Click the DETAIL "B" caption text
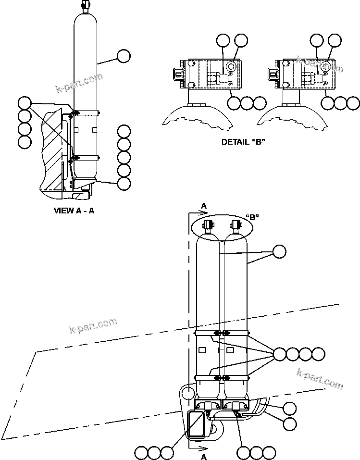coord(243,142)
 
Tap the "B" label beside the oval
coord(253,217)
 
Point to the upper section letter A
coord(204,206)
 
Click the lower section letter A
coord(204,457)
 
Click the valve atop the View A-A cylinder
coord(86,6)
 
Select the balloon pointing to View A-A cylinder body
coord(123,56)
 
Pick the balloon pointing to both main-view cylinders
coord(279,251)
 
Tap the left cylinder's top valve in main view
coord(209,225)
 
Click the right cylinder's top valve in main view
coord(235,225)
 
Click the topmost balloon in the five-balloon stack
coord(124,131)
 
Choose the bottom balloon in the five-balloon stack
coord(124,183)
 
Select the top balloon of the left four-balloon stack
coord(25,103)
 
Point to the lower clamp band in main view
coord(221,377)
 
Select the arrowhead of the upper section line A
coord(200,211)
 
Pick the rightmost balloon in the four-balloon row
coord(318,355)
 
